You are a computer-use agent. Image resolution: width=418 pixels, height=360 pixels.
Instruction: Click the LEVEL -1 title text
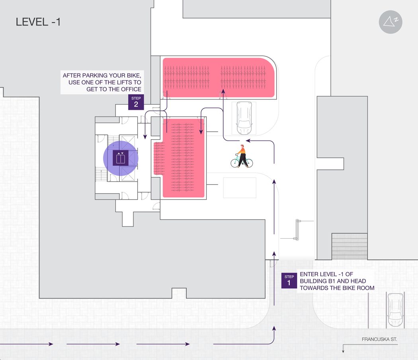point(38,22)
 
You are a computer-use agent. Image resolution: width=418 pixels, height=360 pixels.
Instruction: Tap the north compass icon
point(391,22)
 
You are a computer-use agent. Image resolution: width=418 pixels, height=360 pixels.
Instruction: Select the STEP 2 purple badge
point(136,102)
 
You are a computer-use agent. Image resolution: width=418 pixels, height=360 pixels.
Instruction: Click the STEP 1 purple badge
point(289,280)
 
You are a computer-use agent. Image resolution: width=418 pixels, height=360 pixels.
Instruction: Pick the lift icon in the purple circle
point(121,158)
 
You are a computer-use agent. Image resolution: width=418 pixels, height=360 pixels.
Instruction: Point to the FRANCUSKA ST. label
point(379,339)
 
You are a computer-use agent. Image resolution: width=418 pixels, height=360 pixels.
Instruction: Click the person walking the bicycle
point(242,156)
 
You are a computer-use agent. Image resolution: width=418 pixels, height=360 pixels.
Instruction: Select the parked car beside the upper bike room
point(244,118)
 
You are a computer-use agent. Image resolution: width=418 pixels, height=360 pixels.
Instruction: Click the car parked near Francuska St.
point(395,309)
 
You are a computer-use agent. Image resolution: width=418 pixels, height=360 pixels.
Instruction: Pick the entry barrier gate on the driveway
point(297,230)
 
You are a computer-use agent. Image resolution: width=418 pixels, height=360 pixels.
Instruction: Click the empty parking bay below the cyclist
point(240,188)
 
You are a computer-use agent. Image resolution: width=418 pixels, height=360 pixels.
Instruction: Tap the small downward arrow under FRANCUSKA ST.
point(343,352)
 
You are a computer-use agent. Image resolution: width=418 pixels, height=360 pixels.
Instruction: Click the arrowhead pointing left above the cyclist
point(248,140)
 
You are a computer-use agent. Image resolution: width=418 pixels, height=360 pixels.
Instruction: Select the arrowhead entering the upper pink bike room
point(223,91)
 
